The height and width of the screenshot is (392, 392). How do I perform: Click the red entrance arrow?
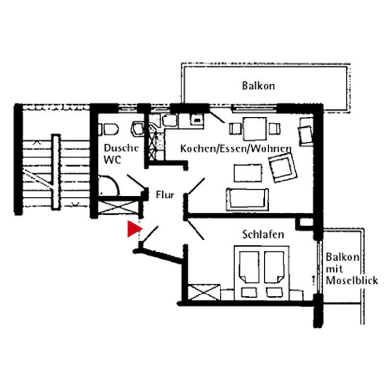[134, 228]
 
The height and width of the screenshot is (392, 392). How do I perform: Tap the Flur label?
[165, 195]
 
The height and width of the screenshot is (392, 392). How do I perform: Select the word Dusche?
[121, 148]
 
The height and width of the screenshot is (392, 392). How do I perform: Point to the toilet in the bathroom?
[109, 129]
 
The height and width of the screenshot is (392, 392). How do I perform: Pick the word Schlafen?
[263, 235]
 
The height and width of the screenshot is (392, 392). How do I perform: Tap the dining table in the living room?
[254, 128]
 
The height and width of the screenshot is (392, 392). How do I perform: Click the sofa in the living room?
[247, 199]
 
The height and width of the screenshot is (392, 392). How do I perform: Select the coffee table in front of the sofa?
[248, 173]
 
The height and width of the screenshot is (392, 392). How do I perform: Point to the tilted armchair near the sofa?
[283, 167]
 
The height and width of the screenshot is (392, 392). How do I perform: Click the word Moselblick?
[352, 280]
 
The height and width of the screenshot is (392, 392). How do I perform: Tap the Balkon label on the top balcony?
[259, 86]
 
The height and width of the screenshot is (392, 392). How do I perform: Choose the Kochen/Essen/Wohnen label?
[236, 149]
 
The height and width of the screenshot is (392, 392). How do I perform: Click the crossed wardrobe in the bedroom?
[204, 292]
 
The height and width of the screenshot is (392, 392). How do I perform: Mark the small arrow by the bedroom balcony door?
[313, 280]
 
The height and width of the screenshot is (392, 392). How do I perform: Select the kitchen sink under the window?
[170, 120]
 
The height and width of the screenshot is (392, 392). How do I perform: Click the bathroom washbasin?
[137, 129]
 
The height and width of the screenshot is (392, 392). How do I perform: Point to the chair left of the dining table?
[235, 129]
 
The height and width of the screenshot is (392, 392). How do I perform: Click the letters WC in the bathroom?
[112, 160]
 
